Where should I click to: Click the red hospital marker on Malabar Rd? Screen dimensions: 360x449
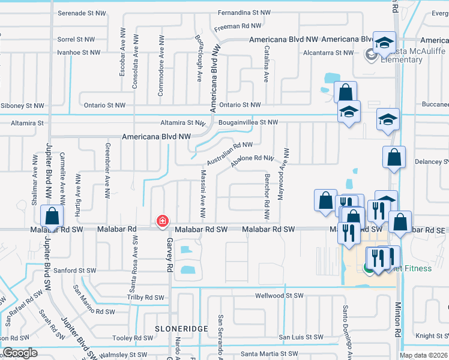[161, 221]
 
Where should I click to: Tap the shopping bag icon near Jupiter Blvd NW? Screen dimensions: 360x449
[52, 216]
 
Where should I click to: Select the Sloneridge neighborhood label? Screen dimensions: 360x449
[181, 329]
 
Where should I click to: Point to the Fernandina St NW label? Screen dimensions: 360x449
[244, 13]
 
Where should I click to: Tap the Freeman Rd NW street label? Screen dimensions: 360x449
[238, 26]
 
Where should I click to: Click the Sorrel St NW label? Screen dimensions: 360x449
[76, 40]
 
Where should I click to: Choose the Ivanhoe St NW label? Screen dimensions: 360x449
[79, 53]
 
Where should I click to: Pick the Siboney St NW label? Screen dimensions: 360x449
[23, 106]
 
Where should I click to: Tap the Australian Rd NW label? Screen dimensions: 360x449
[230, 154]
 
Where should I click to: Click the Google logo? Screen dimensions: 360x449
[20, 353]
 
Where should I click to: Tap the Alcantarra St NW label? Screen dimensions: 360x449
[328, 53]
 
